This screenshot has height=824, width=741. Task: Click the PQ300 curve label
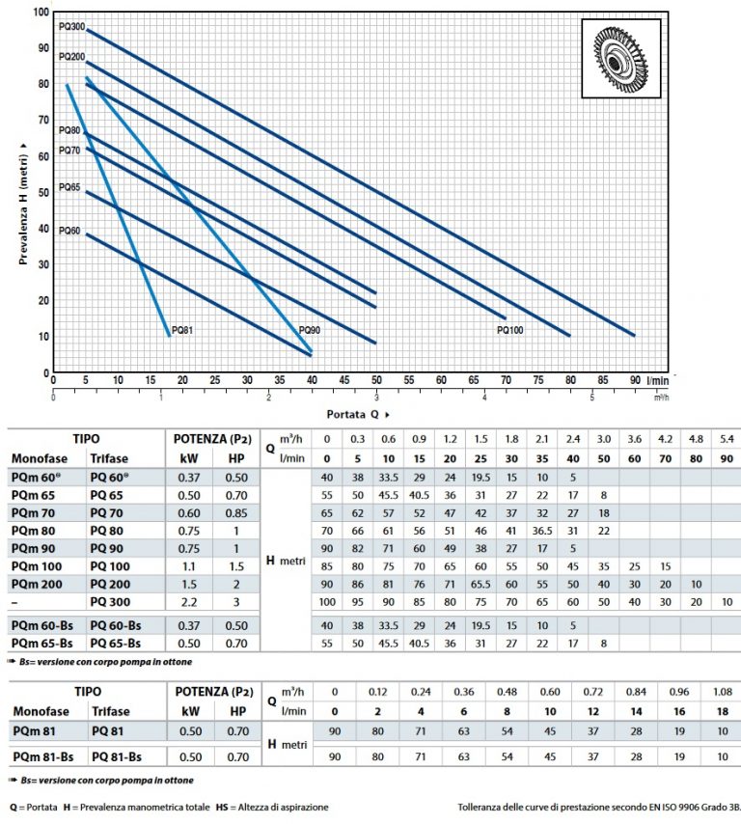(71, 26)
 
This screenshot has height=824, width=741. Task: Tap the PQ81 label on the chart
(182, 330)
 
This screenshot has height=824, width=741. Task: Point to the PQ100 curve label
(510, 330)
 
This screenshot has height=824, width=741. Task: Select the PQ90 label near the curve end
(310, 330)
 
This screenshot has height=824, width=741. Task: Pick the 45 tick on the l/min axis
(343, 381)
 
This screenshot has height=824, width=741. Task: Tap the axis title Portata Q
(358, 413)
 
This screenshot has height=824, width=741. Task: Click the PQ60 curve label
(69, 231)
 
